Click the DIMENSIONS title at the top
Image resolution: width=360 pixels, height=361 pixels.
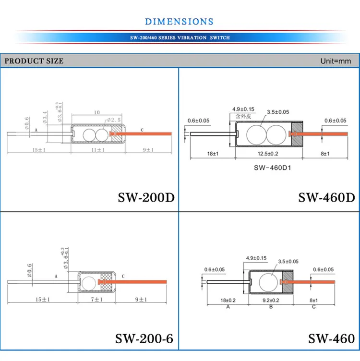coord(179,21)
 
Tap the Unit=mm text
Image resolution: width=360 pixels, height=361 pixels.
coord(336,61)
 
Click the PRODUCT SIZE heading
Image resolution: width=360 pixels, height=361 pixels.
coord(34,61)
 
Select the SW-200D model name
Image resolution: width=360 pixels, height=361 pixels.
coord(146,198)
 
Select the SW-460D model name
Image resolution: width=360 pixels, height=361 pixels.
coord(326,198)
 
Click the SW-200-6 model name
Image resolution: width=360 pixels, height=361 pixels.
coord(144,338)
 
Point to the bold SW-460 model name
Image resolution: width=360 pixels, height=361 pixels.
coord(331,338)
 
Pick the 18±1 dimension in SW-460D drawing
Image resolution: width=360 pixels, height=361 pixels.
coord(212,153)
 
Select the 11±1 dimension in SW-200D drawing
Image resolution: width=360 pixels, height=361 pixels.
coord(98,150)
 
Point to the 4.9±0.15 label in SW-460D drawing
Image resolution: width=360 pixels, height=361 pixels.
coord(243,109)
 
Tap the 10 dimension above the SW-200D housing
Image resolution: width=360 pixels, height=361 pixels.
coord(97,112)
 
